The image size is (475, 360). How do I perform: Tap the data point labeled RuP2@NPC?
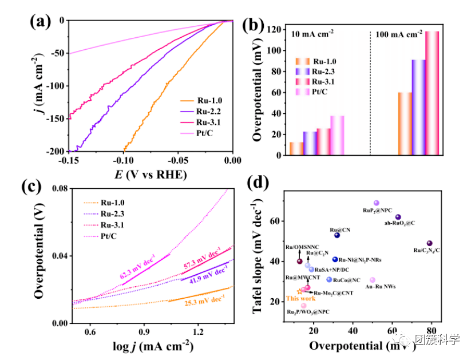[377, 203]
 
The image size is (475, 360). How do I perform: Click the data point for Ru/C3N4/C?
[430, 243]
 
